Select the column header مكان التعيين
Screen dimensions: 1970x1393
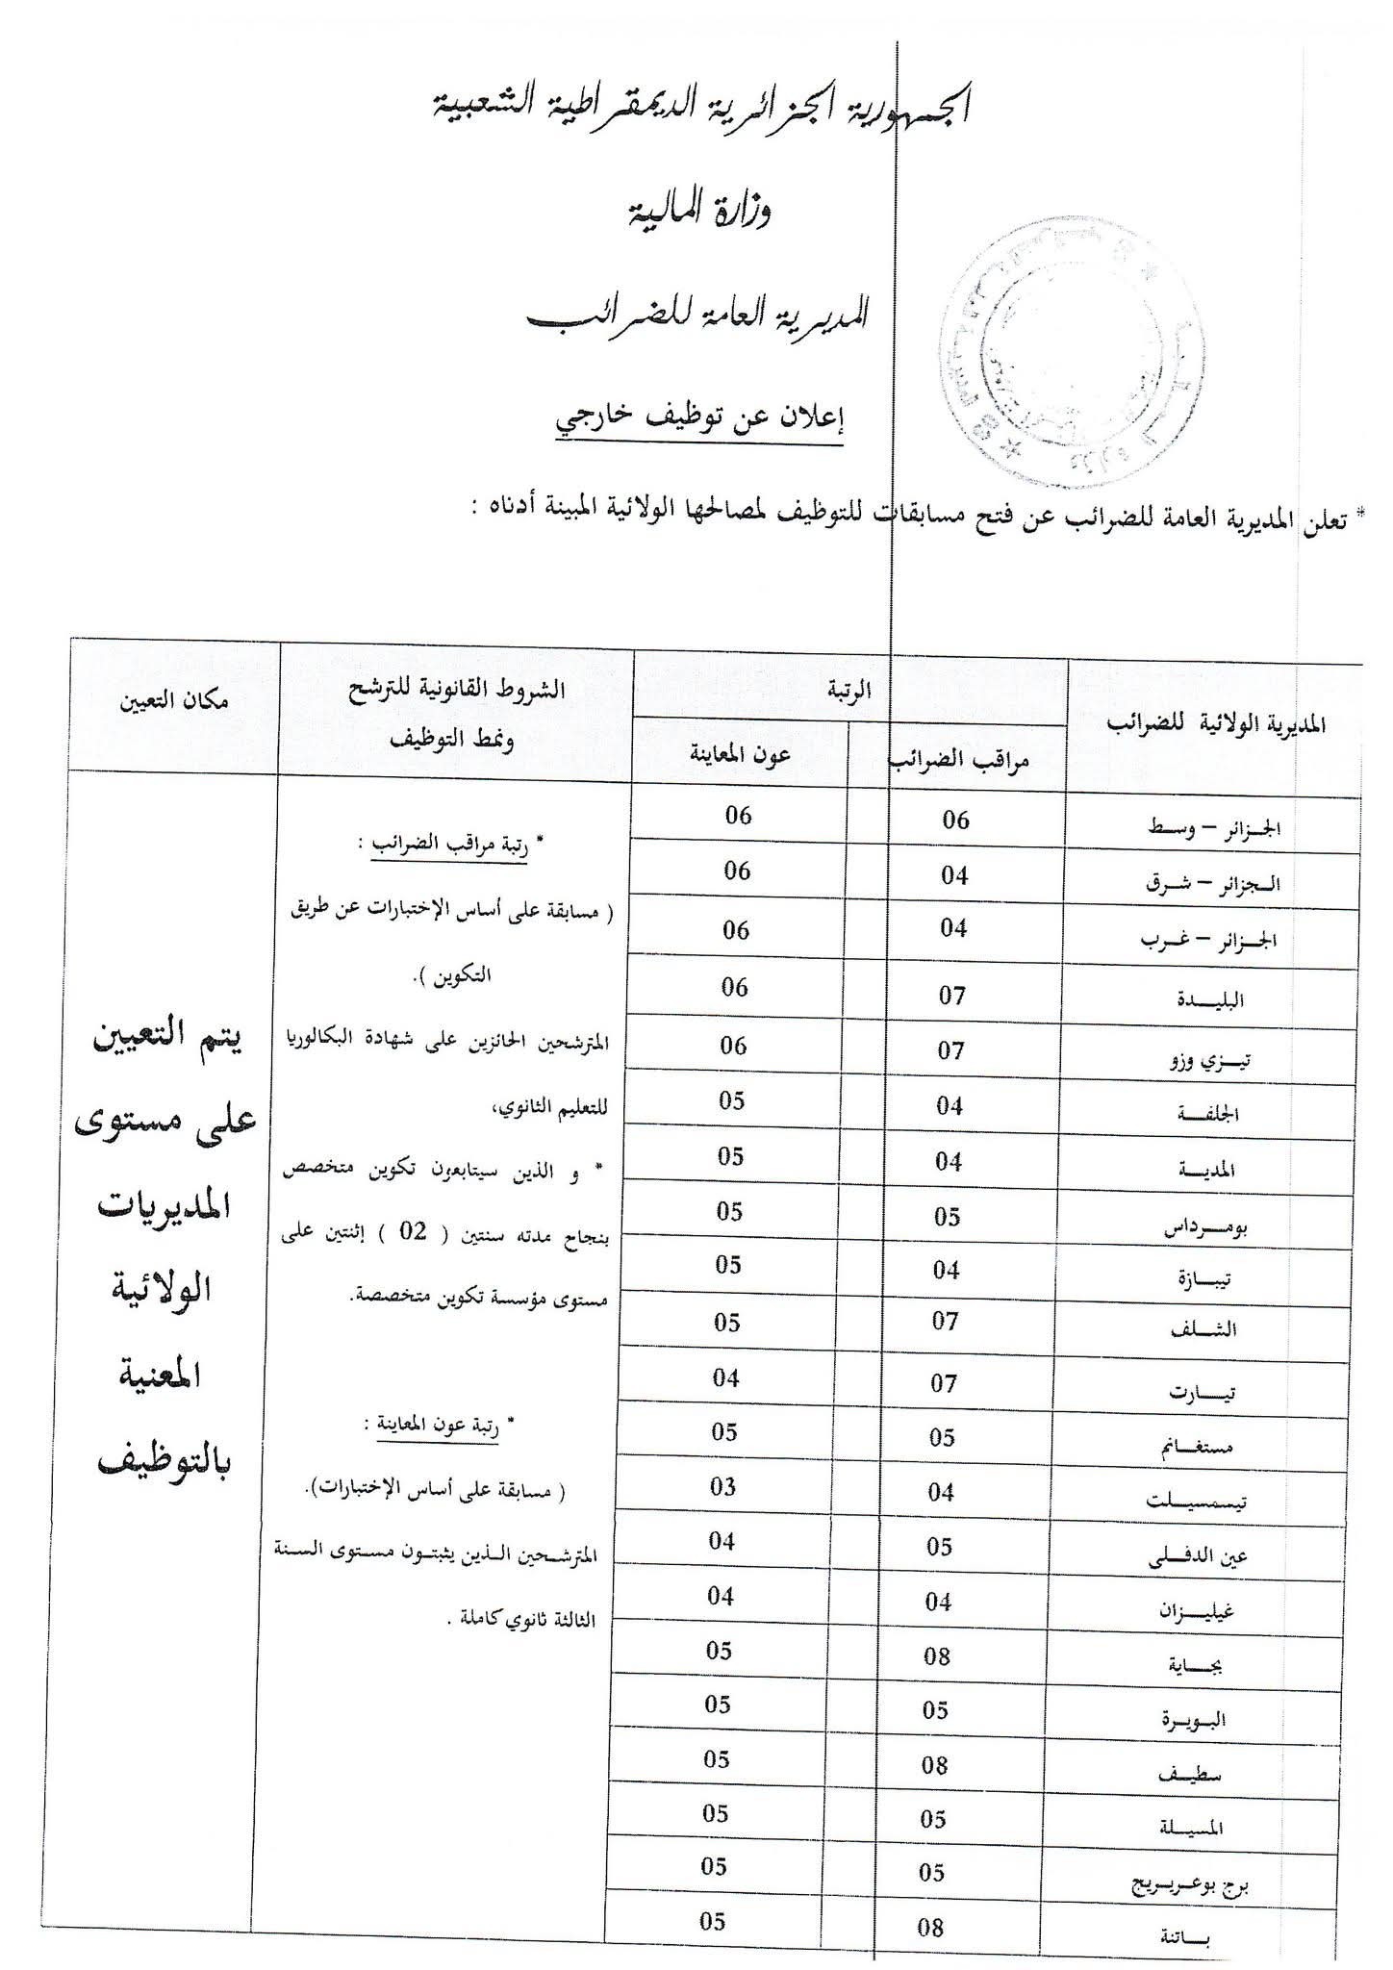click(174, 700)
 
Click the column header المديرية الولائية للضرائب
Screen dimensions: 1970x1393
click(1216, 724)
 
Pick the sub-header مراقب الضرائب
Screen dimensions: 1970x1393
click(958, 761)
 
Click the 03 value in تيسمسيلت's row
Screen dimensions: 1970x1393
click(723, 1487)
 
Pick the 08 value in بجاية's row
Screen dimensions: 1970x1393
click(937, 1655)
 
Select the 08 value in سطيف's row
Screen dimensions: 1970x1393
click(935, 1765)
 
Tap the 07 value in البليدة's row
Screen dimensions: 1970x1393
click(952, 996)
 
